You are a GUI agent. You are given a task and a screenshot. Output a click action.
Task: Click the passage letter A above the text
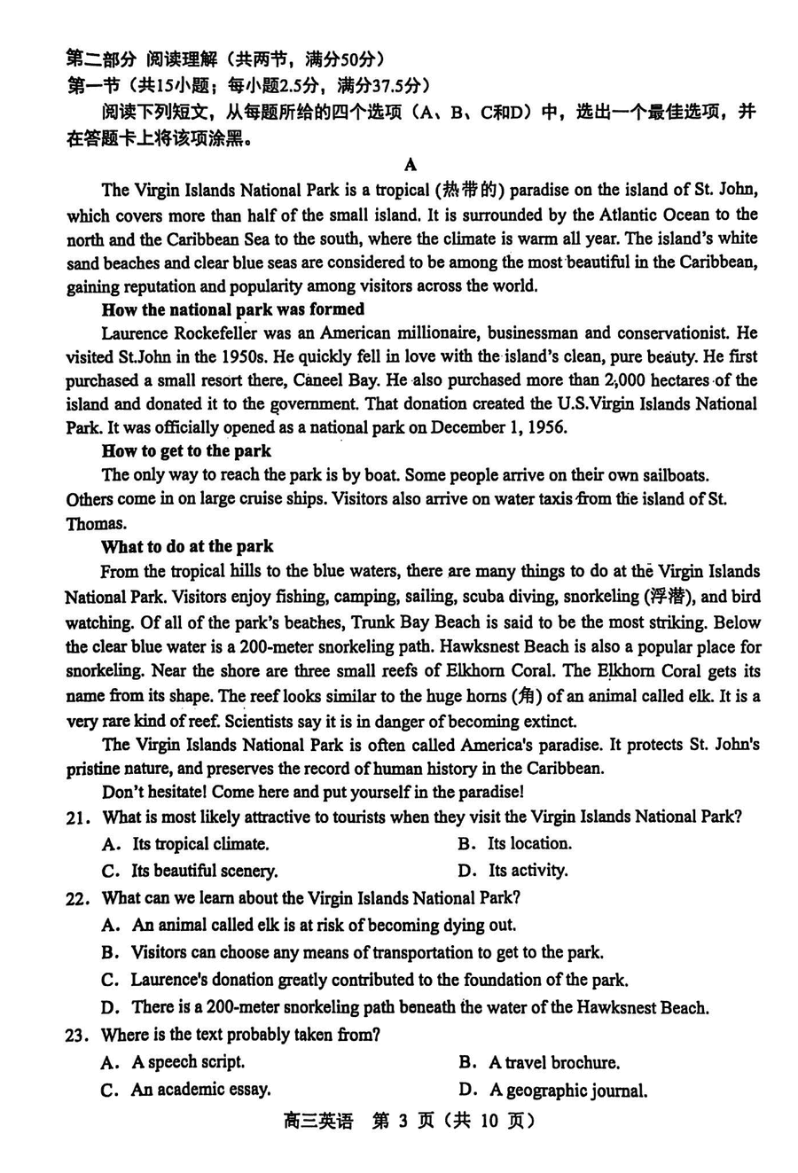[410, 165]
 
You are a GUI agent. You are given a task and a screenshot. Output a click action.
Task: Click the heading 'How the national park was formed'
[232, 309]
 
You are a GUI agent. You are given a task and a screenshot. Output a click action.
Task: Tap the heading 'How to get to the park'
[186, 451]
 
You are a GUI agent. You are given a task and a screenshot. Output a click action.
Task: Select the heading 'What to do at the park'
[187, 546]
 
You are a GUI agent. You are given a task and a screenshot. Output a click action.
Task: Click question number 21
[77, 818]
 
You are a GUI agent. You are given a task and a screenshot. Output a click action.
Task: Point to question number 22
[77, 899]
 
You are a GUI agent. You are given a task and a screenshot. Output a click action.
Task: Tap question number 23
[77, 1036]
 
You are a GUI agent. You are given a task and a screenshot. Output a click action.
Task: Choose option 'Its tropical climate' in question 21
[200, 844]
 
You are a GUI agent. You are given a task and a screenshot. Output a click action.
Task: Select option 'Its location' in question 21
[529, 844]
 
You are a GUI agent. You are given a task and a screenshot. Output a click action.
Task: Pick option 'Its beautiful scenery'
[204, 871]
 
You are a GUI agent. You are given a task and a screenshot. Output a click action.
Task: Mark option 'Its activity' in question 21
[528, 871]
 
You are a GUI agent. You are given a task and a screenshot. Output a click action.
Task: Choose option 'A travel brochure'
[554, 1063]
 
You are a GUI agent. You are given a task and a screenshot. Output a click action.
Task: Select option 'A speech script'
[188, 1062]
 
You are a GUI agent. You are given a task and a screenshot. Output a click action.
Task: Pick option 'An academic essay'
[200, 1090]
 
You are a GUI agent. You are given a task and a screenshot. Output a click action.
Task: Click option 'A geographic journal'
[567, 1091]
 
